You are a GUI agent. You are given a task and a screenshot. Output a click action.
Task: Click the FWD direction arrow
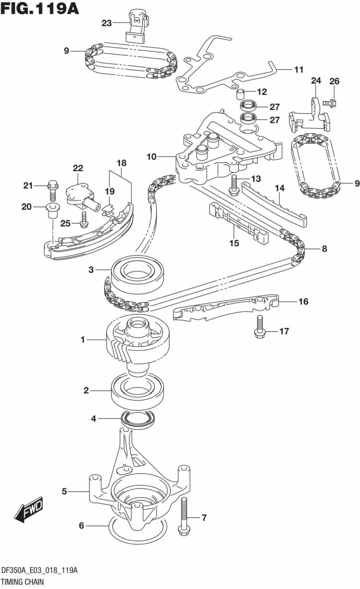click(29, 509)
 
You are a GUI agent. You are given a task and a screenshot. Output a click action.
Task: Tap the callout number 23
click(107, 23)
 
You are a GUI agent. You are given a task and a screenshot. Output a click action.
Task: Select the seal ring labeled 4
click(138, 419)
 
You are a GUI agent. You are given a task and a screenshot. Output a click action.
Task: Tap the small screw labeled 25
click(84, 220)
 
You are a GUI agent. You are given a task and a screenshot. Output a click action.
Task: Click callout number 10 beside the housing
click(152, 157)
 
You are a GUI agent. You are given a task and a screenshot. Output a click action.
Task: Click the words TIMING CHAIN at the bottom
click(22, 581)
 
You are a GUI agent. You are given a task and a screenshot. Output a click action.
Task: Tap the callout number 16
click(303, 302)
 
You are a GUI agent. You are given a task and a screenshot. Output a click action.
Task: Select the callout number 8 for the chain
click(324, 249)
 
